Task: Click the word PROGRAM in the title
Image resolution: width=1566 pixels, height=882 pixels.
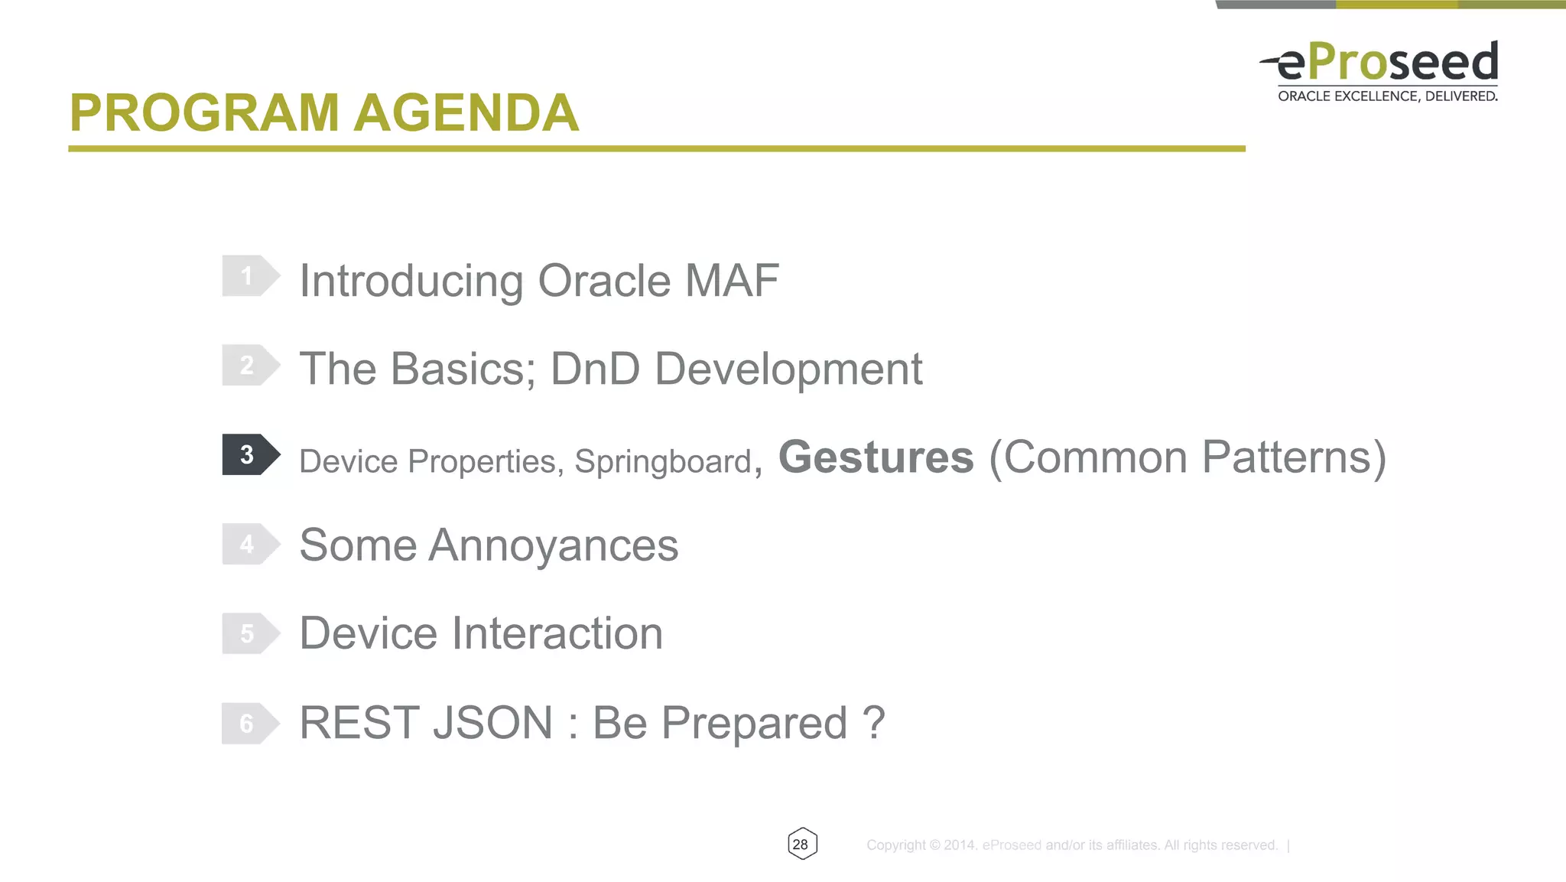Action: (x=204, y=113)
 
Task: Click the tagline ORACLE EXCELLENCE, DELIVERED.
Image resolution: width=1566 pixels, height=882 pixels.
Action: (x=1387, y=96)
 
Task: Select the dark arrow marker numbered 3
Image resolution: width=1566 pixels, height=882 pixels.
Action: (x=249, y=454)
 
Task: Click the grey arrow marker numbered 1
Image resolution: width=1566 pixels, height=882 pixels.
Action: (x=249, y=276)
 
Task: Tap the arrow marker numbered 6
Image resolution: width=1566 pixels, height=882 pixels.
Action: (x=249, y=723)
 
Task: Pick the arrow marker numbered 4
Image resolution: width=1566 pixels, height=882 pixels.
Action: (x=249, y=544)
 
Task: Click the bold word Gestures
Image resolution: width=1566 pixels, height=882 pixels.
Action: (x=876, y=457)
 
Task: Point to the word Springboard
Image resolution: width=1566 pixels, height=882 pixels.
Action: (x=663, y=462)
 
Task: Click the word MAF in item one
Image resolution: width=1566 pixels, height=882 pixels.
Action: (x=732, y=280)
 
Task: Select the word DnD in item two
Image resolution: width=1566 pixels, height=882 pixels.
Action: (x=595, y=369)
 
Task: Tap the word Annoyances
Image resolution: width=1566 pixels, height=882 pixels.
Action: (x=553, y=545)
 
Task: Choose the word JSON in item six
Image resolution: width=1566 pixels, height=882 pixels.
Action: (x=492, y=723)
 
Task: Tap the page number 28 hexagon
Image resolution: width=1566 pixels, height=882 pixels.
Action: (x=801, y=844)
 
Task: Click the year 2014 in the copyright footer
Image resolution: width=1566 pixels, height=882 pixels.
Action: (x=959, y=845)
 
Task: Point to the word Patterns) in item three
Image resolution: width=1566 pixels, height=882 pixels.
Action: (x=1293, y=457)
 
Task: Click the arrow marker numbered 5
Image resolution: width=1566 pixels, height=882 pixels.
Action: (x=249, y=633)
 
